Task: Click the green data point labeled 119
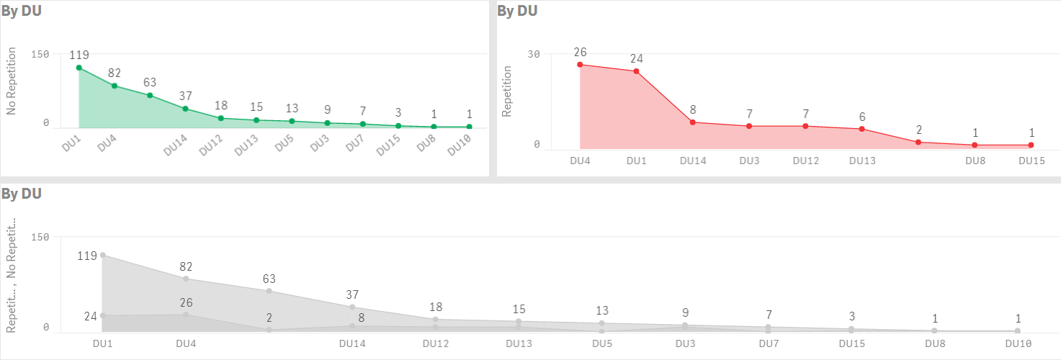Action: coord(79,68)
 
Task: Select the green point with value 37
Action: coord(185,109)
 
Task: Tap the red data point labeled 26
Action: coord(580,65)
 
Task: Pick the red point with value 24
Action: coord(636,71)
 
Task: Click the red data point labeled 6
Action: coord(862,129)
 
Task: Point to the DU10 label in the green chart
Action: coord(460,146)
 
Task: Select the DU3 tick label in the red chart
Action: coord(749,161)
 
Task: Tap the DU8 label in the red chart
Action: coord(975,161)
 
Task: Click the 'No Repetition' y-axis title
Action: coord(11,88)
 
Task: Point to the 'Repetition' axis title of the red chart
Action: coord(507,91)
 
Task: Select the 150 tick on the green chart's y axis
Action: coord(40,55)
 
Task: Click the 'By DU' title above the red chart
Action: coord(517,11)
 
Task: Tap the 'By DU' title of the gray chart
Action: coord(21,194)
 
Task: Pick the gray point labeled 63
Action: coord(269,291)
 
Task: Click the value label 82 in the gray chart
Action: coord(186,267)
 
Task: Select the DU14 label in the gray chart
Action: coord(352,343)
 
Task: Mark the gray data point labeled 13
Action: coord(601,323)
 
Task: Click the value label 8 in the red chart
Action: coord(693,110)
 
